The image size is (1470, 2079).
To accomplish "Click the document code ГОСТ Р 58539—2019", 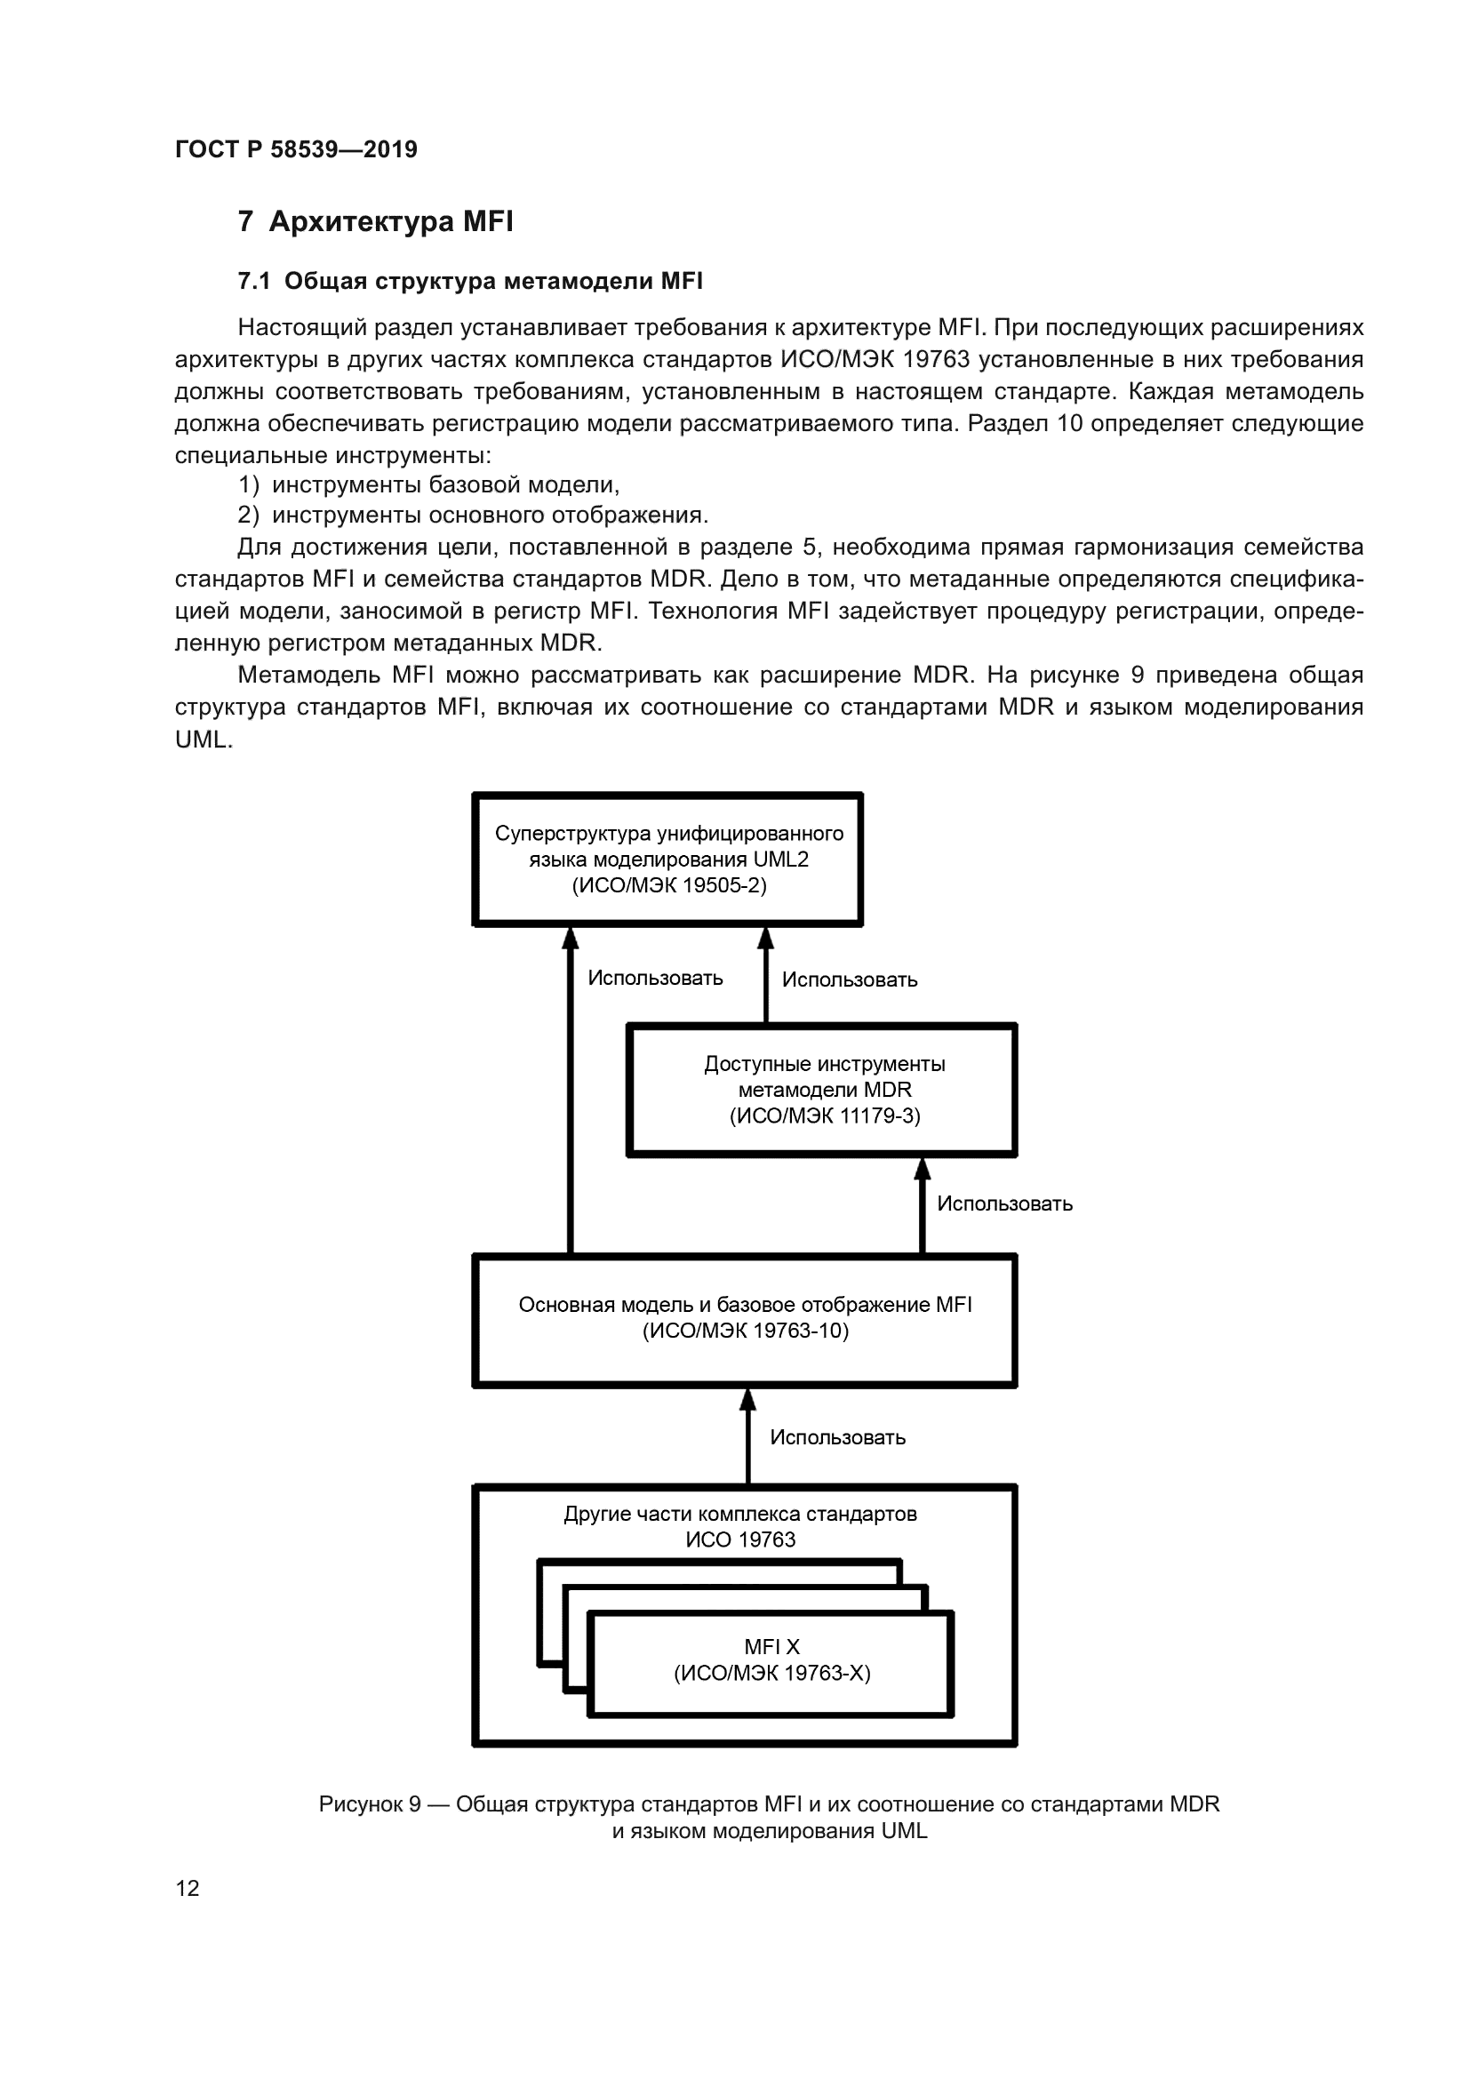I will (x=296, y=149).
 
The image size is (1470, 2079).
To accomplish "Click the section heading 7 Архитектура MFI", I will (x=375, y=222).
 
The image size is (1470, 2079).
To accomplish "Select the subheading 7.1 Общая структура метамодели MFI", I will (x=470, y=282).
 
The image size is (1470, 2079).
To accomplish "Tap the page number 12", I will (x=188, y=1888).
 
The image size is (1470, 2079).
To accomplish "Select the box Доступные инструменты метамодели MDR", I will (x=822, y=1091).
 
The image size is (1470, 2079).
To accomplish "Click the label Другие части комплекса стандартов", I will (x=739, y=1515).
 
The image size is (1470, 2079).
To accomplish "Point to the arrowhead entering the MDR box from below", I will (x=923, y=1169).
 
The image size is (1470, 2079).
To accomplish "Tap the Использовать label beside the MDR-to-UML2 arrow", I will (x=849, y=980).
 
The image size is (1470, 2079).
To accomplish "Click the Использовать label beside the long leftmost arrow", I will (x=655, y=979).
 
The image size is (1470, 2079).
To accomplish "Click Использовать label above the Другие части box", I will (x=837, y=1438).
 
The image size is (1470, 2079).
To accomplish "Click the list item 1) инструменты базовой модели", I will (x=428, y=484).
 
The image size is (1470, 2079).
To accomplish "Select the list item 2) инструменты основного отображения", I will (x=473, y=516).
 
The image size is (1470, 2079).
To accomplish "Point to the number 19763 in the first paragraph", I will (x=936, y=359).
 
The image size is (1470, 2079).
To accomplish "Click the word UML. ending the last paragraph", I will (x=204, y=739).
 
